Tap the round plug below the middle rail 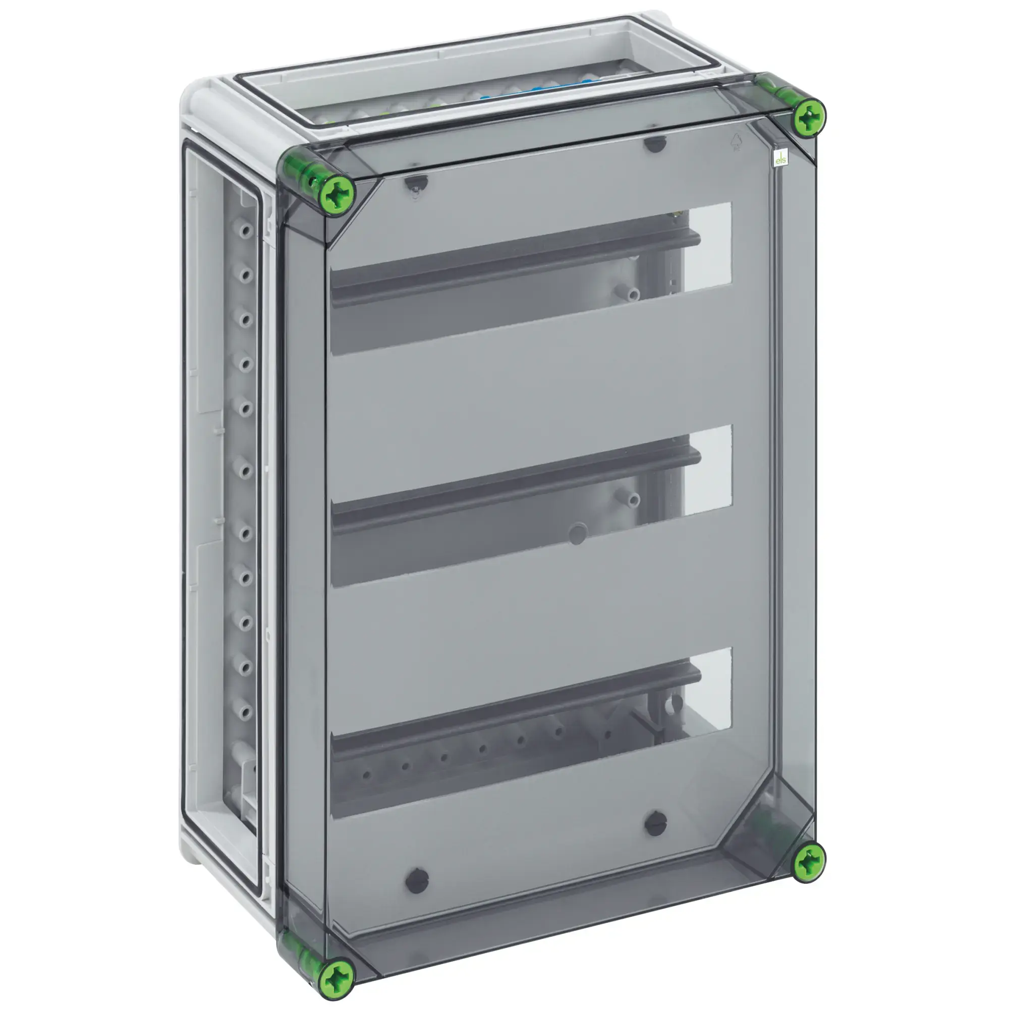tap(577, 534)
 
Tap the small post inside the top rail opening tap(633, 294)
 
